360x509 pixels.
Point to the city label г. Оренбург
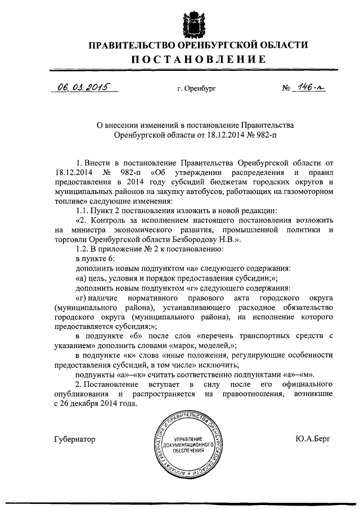click(196, 89)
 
